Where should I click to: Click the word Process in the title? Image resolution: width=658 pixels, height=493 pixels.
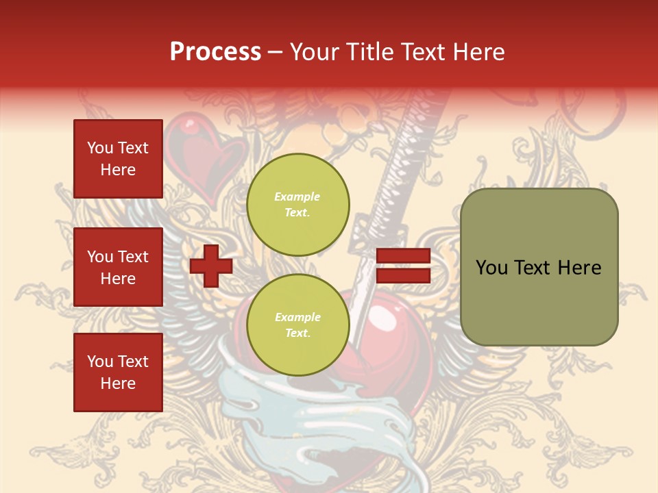[215, 52]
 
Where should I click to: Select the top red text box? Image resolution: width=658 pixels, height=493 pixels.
[118, 159]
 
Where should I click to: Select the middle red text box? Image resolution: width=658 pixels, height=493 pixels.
[118, 267]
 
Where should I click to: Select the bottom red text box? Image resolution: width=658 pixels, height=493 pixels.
[118, 372]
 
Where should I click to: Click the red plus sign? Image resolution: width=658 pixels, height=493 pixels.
[211, 266]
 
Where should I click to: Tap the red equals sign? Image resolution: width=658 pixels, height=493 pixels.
[403, 266]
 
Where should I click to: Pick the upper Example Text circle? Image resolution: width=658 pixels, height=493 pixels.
[298, 205]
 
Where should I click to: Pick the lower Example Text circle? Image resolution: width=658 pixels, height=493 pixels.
[298, 325]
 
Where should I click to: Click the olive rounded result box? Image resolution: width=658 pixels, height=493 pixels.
[539, 267]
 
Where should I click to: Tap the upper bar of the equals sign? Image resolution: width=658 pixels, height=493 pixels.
[403, 256]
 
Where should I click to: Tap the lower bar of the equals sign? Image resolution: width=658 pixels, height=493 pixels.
[403, 276]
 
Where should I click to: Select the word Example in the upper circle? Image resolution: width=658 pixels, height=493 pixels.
[297, 197]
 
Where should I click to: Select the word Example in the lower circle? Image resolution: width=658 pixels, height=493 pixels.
[297, 318]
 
